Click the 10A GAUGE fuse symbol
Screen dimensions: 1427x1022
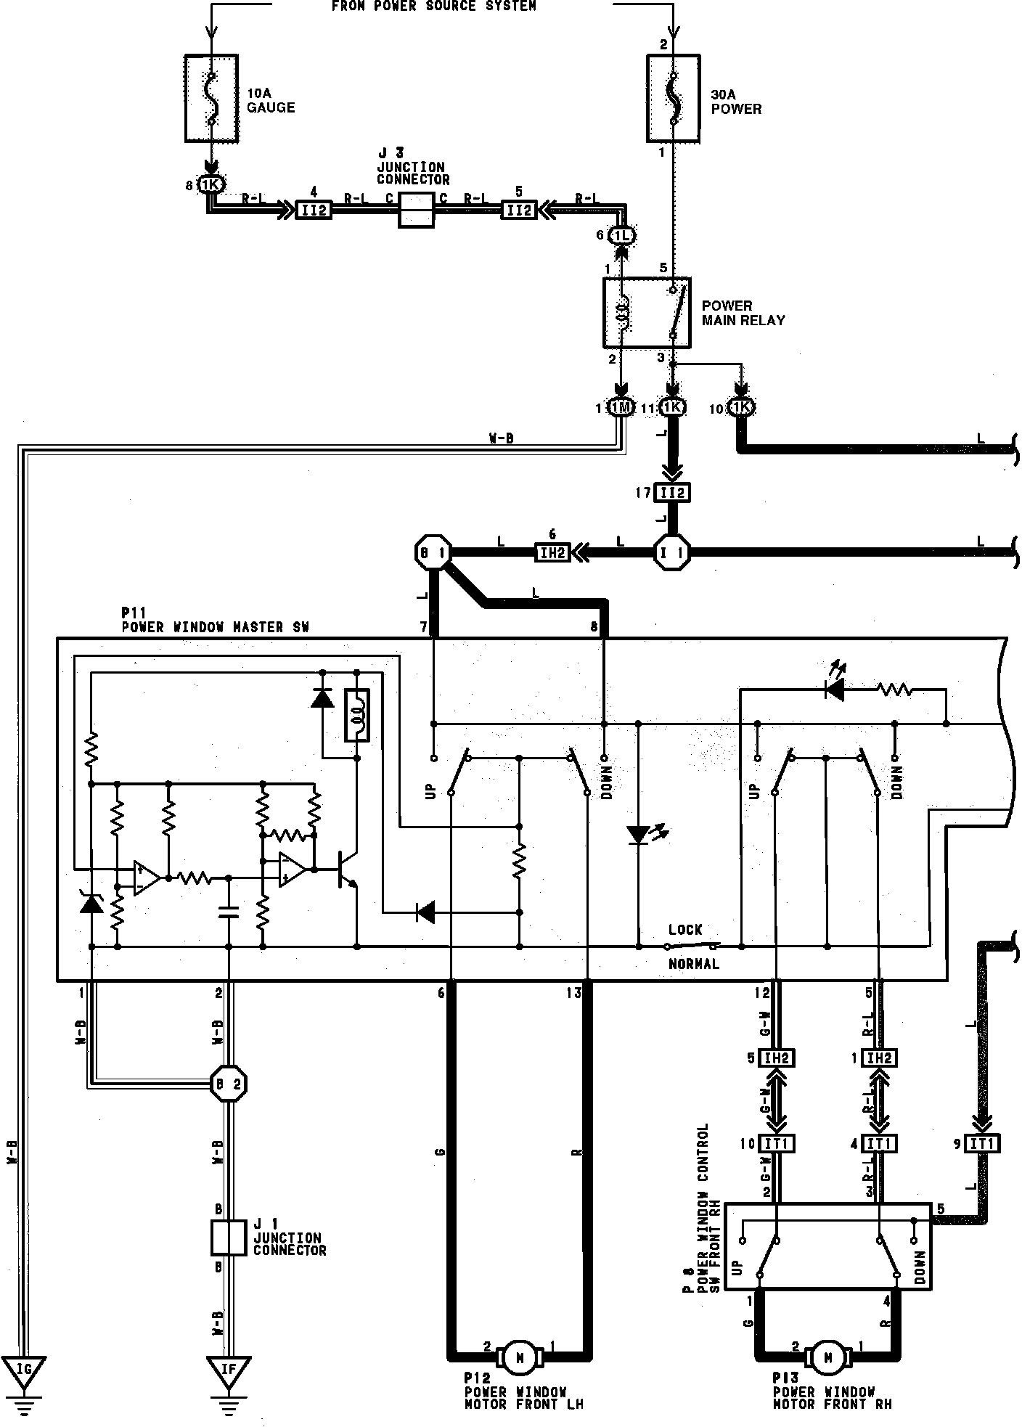click(211, 98)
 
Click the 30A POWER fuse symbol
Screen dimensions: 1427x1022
click(673, 97)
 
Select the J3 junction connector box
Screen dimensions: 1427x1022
click(417, 210)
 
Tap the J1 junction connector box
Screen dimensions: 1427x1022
click(229, 1238)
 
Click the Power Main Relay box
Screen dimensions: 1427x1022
click(647, 312)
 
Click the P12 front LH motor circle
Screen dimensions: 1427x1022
click(519, 1355)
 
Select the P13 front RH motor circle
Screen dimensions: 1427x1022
click(829, 1355)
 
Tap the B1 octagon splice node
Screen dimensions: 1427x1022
click(433, 554)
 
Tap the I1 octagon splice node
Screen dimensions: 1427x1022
click(671, 554)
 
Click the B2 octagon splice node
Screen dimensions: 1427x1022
click(229, 1084)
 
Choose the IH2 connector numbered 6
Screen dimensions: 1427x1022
click(552, 554)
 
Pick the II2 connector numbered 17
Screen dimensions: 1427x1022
click(672, 494)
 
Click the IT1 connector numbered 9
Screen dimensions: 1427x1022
click(983, 1144)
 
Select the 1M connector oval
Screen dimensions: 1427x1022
click(621, 408)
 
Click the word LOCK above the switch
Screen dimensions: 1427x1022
click(685, 930)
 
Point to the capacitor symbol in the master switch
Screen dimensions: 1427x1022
click(229, 912)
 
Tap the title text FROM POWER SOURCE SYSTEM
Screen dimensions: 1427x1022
click(434, 7)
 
